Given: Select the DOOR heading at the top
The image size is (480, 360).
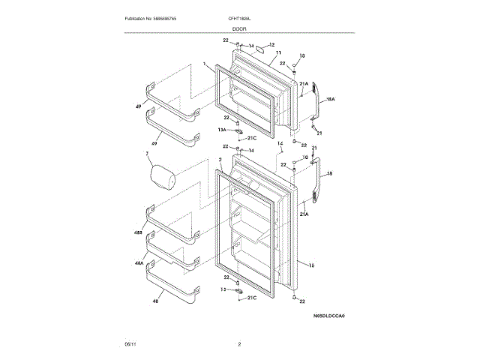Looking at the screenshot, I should [239, 28].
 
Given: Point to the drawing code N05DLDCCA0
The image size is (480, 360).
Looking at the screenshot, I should [333, 316].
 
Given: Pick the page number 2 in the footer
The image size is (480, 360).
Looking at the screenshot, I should [239, 343].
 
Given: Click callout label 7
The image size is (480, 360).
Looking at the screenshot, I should [148, 154].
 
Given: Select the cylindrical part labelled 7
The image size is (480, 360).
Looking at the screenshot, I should [163, 178].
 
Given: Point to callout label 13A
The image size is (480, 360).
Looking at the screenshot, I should [223, 129].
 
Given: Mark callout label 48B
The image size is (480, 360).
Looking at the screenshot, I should [138, 233].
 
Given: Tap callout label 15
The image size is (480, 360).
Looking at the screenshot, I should [310, 265].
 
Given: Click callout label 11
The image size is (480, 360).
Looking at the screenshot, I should [278, 52].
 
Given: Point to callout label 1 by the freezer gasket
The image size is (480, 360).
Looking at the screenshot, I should [204, 66].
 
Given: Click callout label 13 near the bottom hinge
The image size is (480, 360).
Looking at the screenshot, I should [223, 289].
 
